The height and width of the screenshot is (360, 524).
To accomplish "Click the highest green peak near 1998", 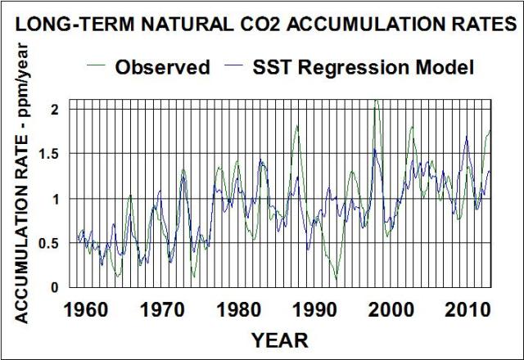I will click(375, 101).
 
